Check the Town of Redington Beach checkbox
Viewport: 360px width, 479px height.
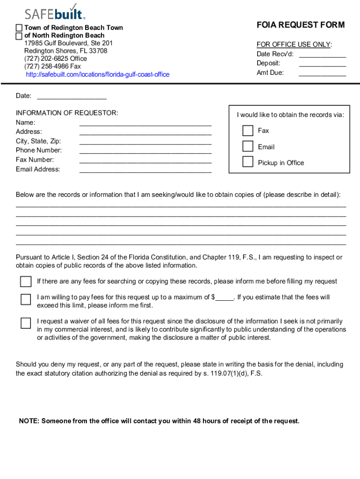coord(19,28)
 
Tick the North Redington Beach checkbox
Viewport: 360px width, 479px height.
coord(19,36)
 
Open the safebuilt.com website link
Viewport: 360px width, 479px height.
coord(97,74)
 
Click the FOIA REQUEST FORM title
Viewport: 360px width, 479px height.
coord(301,25)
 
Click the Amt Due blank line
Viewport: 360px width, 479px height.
coord(322,74)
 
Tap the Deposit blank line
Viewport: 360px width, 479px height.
coord(322,65)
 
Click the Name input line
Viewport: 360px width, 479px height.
coord(145,124)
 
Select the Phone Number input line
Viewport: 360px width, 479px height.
coord(145,152)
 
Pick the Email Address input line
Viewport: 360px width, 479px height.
coord(145,171)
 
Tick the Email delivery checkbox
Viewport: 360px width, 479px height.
coord(247,146)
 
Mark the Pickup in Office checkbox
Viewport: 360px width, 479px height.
coord(247,162)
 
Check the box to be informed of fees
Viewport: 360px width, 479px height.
coord(26,281)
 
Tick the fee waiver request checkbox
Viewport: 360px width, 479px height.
coord(26,323)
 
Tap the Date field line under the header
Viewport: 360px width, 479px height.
coord(72,98)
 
